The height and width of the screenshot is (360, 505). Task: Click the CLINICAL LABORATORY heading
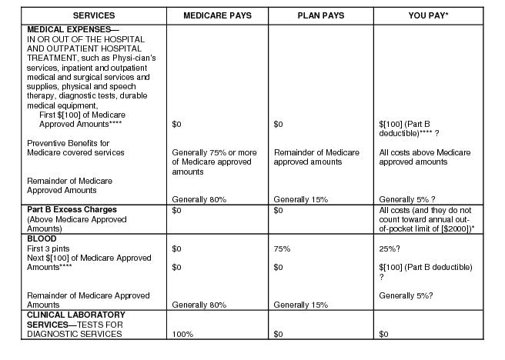75,315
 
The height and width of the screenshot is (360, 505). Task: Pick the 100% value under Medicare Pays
182,335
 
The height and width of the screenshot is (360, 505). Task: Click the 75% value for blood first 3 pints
283,248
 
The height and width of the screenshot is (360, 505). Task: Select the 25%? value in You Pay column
392,248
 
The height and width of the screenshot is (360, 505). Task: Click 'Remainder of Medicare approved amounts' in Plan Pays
316,157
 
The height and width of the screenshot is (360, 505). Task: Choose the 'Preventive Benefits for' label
69,143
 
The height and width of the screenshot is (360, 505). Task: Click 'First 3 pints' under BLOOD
49,248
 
